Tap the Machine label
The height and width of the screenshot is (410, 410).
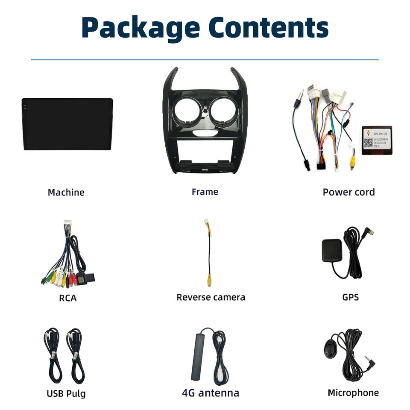[x=66, y=193]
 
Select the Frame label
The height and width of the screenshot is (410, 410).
[x=205, y=192]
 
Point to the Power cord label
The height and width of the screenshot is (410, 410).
[x=348, y=192]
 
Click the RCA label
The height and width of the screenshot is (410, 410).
[x=68, y=298]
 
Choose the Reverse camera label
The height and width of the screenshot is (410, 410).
[x=211, y=297]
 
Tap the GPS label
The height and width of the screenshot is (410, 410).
[x=350, y=297]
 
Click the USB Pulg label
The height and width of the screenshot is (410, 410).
[x=66, y=393]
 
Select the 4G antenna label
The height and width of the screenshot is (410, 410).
[x=210, y=393]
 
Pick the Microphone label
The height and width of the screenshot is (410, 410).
[x=353, y=393]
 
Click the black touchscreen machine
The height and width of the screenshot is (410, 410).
[x=67, y=124]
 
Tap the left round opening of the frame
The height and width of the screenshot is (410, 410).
[x=187, y=109]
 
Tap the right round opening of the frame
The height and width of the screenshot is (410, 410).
[x=223, y=109]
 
